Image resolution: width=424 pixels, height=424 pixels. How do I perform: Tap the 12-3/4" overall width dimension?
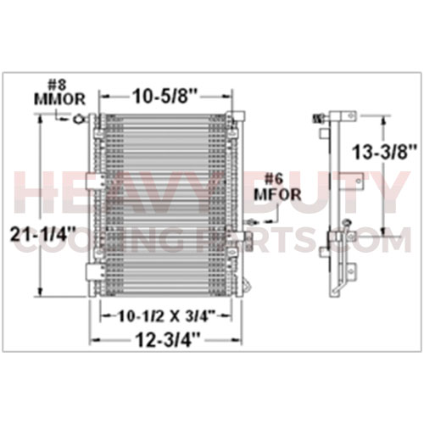pos(168,339)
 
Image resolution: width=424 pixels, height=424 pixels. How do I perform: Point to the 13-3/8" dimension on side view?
pos(385,153)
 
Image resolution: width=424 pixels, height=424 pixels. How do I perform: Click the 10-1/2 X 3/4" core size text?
pos(164,316)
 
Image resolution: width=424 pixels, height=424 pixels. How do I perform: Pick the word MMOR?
pos(59,99)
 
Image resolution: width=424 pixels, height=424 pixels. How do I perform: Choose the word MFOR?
pos(277,194)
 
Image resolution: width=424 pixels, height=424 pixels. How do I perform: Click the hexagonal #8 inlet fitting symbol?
pos(78,119)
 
